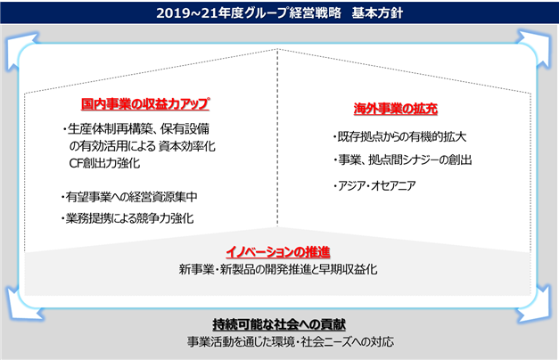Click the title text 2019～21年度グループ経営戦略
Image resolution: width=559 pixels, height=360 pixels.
tap(249, 13)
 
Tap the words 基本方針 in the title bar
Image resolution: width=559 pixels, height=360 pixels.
tap(377, 13)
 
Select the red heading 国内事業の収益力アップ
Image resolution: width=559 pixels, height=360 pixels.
tap(145, 104)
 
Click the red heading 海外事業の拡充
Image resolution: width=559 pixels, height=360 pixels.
tap(395, 109)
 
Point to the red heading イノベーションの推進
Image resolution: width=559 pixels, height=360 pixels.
tap(278, 252)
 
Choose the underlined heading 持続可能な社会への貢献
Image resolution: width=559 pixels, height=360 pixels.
tap(279, 324)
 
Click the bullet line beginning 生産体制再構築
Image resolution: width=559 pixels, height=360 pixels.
tap(136, 128)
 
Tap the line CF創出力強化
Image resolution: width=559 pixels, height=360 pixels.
tap(104, 163)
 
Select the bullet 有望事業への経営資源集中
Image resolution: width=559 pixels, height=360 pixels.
tap(129, 197)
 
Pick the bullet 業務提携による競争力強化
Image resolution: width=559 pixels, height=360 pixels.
tap(127, 218)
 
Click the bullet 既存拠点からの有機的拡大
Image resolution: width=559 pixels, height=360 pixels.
tap(399, 137)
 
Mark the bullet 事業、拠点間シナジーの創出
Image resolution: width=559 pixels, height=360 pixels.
tap(402, 160)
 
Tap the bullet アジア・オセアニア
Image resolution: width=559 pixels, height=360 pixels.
tap(374, 185)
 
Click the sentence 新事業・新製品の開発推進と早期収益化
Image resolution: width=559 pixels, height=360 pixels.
tap(278, 269)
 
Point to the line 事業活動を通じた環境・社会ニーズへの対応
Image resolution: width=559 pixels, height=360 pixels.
tap(291, 342)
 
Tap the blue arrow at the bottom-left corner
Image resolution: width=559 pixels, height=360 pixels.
tap(21, 306)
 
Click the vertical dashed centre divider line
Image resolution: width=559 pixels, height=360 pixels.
tap(277, 137)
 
